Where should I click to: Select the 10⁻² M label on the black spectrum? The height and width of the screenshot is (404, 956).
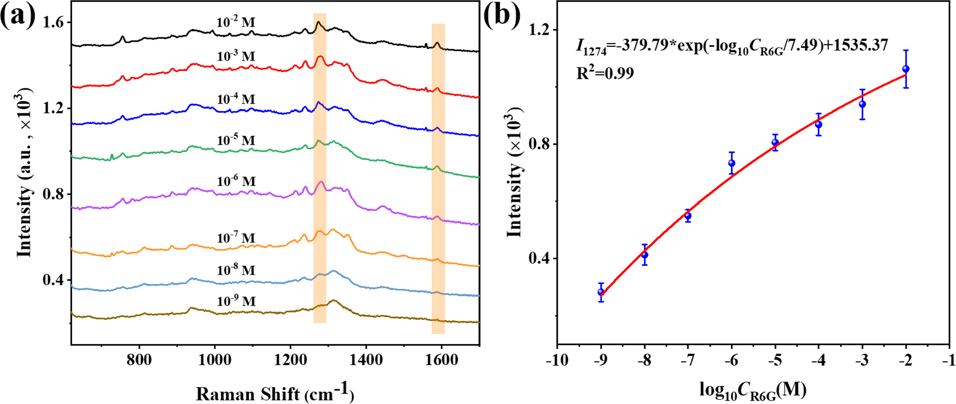pyautogui.click(x=235, y=22)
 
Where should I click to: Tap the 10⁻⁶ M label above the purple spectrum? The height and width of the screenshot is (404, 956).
pyautogui.click(x=236, y=181)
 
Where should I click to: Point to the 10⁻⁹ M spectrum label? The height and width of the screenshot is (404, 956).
pyautogui.click(x=236, y=301)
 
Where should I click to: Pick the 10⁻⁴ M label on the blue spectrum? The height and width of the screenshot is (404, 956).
pyautogui.click(x=236, y=99)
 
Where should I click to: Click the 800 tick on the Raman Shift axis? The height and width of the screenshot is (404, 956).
pyautogui.click(x=140, y=360)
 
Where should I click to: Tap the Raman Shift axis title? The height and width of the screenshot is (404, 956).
pyautogui.click(x=274, y=393)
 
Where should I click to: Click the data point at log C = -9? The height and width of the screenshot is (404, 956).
pyautogui.click(x=601, y=292)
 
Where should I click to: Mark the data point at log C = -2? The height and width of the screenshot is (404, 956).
pyautogui.click(x=906, y=69)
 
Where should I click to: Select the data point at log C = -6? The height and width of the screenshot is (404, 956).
pyautogui.click(x=732, y=163)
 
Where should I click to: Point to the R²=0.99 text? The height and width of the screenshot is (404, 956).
pyautogui.click(x=605, y=73)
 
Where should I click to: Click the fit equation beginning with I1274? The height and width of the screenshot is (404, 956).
pyautogui.click(x=732, y=46)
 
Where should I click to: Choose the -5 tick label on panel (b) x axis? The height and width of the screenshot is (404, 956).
pyautogui.click(x=775, y=360)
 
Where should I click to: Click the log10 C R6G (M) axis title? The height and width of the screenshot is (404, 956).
pyautogui.click(x=753, y=390)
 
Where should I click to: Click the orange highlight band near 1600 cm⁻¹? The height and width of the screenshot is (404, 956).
pyautogui.click(x=438, y=179)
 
